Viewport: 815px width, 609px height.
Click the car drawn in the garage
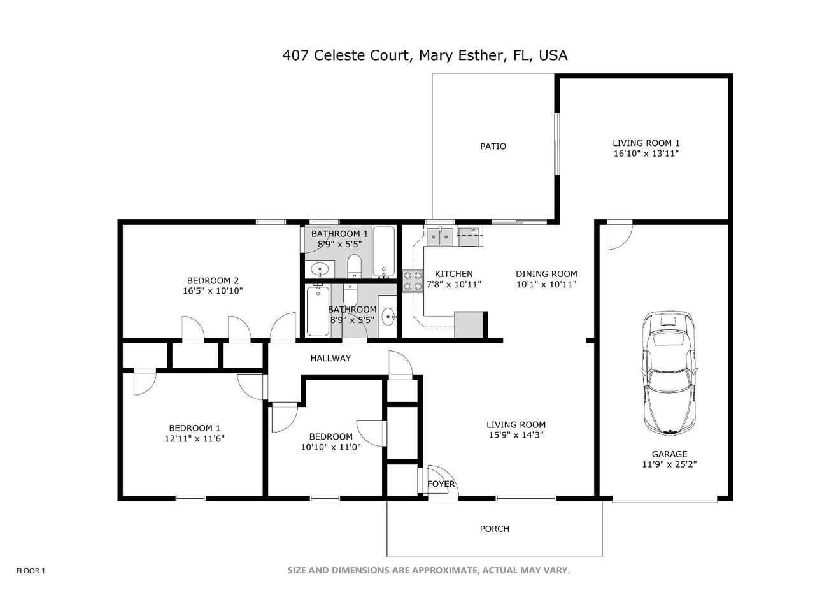(x=669, y=373)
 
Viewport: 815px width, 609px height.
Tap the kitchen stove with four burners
(x=413, y=281)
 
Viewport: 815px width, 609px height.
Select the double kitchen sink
(x=439, y=237)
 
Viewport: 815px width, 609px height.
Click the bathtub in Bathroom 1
(x=383, y=252)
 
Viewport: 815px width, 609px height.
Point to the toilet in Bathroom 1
(x=354, y=266)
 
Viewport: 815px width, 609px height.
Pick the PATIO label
(x=493, y=147)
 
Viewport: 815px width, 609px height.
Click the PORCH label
(x=494, y=529)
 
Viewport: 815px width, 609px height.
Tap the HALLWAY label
(x=330, y=358)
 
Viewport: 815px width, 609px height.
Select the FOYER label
(x=441, y=484)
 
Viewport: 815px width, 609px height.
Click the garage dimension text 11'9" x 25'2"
(x=669, y=464)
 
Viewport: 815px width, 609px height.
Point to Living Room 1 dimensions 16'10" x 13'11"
(x=646, y=154)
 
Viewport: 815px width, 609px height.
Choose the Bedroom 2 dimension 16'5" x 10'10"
(x=213, y=290)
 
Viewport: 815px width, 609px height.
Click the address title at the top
(x=425, y=55)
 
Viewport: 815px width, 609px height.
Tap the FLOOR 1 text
(x=31, y=571)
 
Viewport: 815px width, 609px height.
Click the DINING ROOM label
(x=546, y=274)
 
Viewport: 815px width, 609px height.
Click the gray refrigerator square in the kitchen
(x=469, y=325)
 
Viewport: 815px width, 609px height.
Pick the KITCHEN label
(x=454, y=274)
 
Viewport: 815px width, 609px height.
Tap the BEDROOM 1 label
(x=195, y=428)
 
